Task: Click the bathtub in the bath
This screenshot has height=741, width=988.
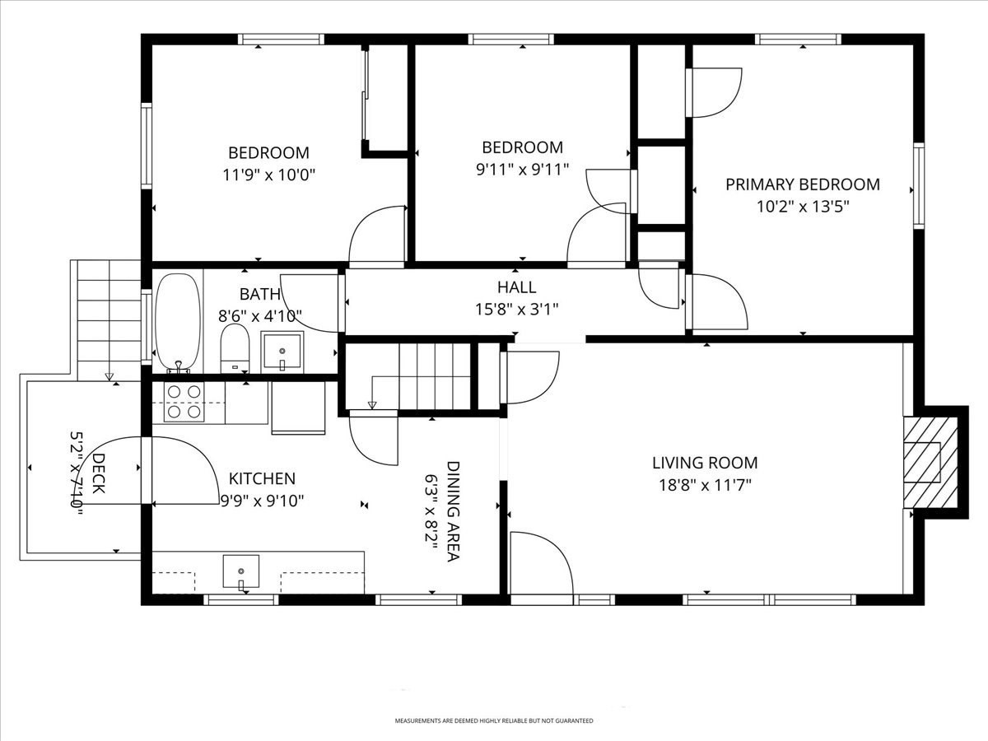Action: [178, 321]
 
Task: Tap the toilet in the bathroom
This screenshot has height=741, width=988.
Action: [235, 348]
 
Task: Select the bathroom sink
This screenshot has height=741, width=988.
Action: [282, 352]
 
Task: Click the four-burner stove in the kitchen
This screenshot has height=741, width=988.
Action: [184, 403]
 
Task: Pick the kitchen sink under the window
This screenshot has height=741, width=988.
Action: [240, 571]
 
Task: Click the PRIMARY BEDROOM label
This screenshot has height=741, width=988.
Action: [802, 184]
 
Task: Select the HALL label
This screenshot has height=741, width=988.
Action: [516, 287]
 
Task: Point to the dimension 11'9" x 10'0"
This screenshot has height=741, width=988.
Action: [268, 175]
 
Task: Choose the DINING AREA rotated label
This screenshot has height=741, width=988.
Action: [453, 510]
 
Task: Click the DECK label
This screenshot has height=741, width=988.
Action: [98, 473]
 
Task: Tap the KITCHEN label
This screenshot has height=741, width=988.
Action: [262, 478]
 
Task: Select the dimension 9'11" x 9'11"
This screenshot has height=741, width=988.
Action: [522, 170]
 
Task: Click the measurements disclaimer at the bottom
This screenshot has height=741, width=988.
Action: [493, 721]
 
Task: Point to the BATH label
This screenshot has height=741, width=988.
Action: [260, 294]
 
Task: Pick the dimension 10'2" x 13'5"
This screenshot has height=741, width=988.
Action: [802, 207]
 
